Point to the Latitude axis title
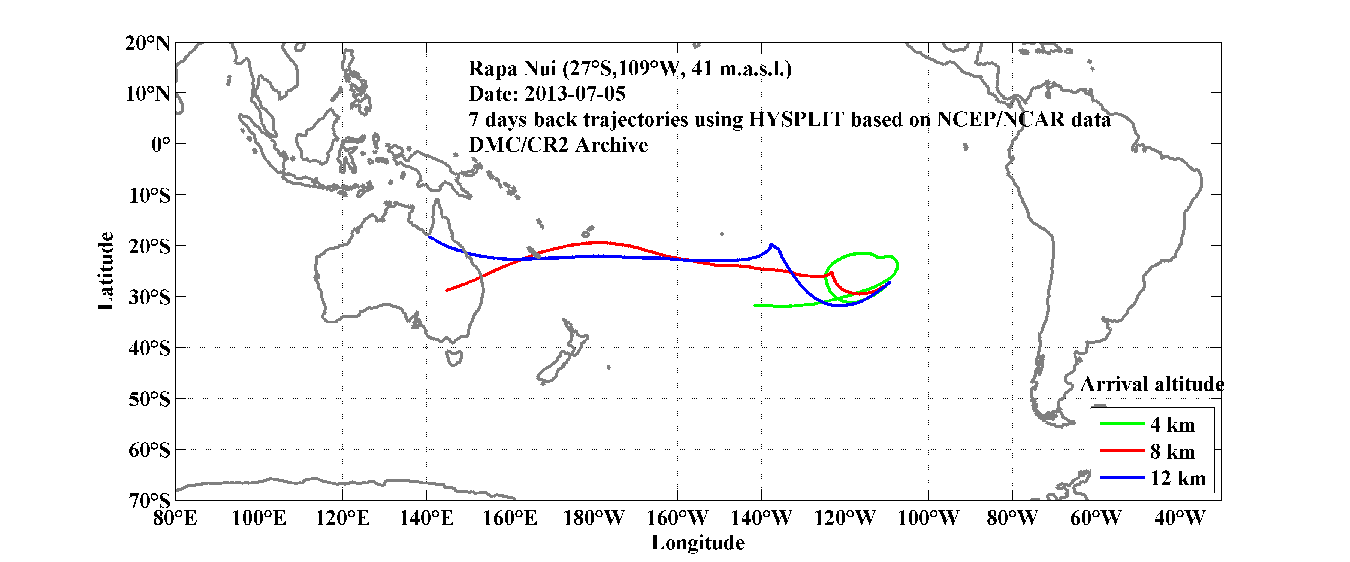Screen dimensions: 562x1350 click(105, 271)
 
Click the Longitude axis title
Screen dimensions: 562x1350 click(698, 543)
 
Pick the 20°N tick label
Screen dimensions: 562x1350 click(147, 43)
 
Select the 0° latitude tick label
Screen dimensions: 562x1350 click(160, 145)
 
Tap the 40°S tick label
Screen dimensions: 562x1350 click(150, 348)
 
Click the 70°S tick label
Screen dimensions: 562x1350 click(150, 501)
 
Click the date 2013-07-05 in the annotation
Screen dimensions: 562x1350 click(575, 94)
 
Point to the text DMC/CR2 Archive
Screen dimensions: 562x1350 click(558, 145)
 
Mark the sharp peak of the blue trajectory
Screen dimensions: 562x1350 click(771, 244)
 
